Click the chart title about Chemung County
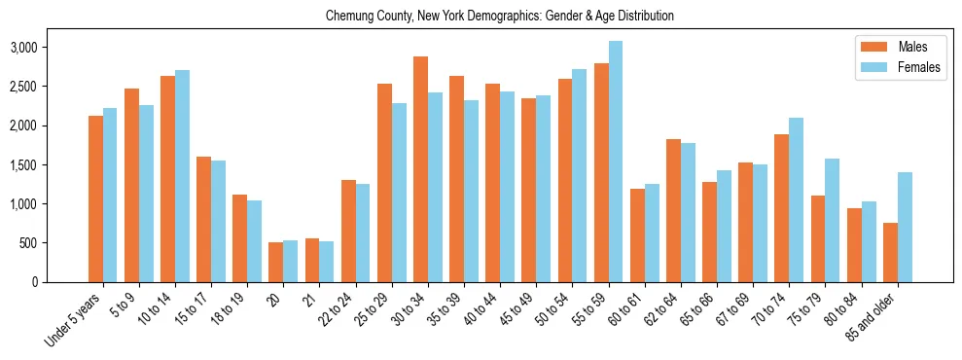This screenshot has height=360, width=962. click(x=500, y=17)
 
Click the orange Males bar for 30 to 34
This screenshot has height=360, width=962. click(x=420, y=169)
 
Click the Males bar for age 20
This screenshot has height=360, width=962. click(x=276, y=262)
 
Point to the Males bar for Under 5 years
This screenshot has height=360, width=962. click(x=95, y=198)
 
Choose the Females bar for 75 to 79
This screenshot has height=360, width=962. click(x=832, y=220)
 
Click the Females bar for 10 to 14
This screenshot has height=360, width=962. click(x=182, y=176)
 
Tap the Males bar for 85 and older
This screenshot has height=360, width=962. click(x=890, y=252)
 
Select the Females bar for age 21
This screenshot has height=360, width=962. click(x=326, y=262)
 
